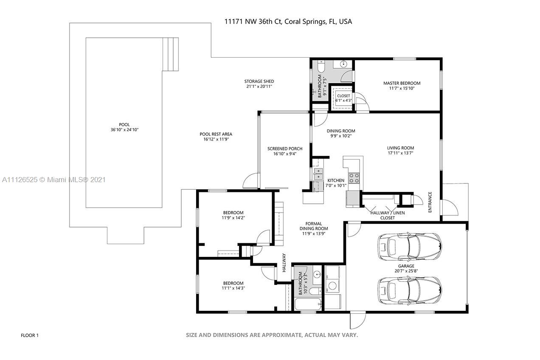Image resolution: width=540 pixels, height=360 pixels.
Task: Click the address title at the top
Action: tap(288, 22)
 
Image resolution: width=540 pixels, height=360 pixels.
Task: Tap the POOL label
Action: tap(124, 125)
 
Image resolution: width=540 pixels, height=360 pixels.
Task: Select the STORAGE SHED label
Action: tap(259, 81)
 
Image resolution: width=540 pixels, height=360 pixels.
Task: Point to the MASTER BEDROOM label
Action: tap(402, 83)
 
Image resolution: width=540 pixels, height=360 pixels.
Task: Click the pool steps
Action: tap(171, 54)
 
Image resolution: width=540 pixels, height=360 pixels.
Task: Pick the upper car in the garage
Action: tap(410, 247)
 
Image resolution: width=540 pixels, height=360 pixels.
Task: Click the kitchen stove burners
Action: tap(354, 178)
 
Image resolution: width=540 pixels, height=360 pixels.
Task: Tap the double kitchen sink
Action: tap(318, 174)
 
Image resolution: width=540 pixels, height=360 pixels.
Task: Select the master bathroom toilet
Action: tap(321, 67)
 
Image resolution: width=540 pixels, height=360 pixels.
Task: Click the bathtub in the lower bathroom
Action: tap(308, 304)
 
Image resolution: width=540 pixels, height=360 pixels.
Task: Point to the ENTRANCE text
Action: tap(430, 202)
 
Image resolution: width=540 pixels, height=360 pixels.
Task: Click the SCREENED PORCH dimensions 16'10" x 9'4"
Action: tap(285, 154)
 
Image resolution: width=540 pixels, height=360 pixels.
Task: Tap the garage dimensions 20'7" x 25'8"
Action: tap(406, 271)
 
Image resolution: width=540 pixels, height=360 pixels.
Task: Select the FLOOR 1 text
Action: tap(30, 335)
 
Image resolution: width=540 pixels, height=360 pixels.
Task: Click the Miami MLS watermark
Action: tap(54, 180)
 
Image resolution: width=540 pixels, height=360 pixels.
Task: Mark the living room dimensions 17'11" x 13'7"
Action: tap(400, 153)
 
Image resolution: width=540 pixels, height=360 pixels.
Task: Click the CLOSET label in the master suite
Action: tap(343, 96)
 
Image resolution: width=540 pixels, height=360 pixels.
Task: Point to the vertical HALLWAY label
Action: tap(284, 263)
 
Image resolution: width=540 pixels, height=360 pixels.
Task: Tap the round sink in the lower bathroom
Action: tap(318, 274)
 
